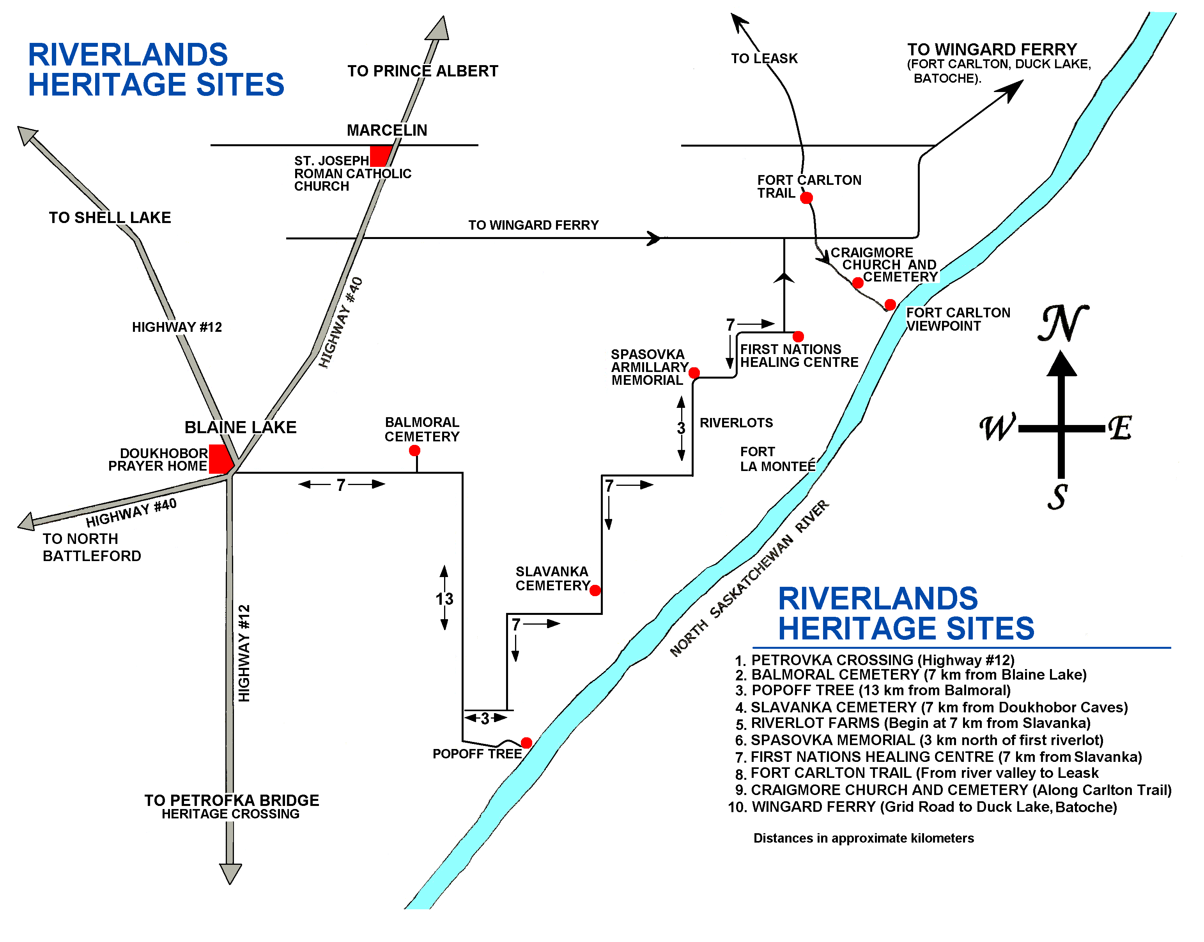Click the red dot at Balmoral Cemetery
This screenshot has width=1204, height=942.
click(x=414, y=451)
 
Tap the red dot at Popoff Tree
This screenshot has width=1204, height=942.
click(x=526, y=743)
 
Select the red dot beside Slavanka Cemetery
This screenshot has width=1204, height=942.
click(x=595, y=591)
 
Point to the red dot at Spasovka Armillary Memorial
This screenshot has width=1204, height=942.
click(x=694, y=373)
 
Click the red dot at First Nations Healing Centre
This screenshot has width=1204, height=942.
click(x=798, y=336)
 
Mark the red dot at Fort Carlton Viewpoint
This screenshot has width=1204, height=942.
click(x=890, y=305)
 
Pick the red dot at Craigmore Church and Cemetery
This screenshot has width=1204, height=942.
click(x=858, y=283)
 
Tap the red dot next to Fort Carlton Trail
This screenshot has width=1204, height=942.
click(x=806, y=197)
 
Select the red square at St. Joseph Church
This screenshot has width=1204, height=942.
click(x=380, y=156)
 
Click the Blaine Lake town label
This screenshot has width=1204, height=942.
click(x=241, y=427)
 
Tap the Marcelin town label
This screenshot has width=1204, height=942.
click(x=387, y=130)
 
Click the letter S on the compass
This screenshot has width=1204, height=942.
click(x=1058, y=497)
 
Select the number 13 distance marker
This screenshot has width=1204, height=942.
click(x=444, y=598)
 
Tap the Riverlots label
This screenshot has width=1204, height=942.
click(x=736, y=423)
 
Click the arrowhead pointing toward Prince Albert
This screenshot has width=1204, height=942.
click(x=438, y=28)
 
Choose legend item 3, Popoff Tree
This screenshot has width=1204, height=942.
click(x=873, y=691)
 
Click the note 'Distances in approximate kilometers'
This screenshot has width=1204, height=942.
click(x=864, y=838)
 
